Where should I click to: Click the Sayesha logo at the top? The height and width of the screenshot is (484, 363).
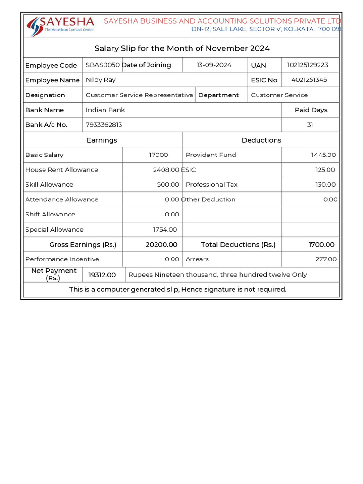[x=60, y=26]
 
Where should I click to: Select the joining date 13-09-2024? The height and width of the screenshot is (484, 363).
[x=214, y=65]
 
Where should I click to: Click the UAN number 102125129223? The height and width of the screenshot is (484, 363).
[x=307, y=65]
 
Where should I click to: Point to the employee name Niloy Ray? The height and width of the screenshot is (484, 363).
[x=101, y=80]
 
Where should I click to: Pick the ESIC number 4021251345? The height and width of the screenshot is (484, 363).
[x=309, y=80]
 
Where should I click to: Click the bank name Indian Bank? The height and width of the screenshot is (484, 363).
[x=105, y=110]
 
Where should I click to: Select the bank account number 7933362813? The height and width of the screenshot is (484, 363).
[x=104, y=125]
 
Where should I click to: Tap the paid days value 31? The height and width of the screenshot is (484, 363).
[x=310, y=125]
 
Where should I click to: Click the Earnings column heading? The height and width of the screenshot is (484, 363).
[x=102, y=140]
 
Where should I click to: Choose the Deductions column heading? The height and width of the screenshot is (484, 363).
[x=261, y=140]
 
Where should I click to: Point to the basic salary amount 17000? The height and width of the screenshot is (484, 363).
[x=158, y=155]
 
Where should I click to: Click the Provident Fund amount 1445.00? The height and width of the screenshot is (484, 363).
[x=323, y=155]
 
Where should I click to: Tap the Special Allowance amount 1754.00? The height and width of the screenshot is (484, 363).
[x=165, y=230]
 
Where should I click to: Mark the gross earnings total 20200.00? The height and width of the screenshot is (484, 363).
[x=162, y=245]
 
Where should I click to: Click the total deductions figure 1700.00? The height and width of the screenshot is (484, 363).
[x=321, y=245]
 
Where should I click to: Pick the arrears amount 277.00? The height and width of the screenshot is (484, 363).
[x=326, y=259]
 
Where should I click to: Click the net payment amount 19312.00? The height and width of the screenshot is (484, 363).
[x=102, y=275]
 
